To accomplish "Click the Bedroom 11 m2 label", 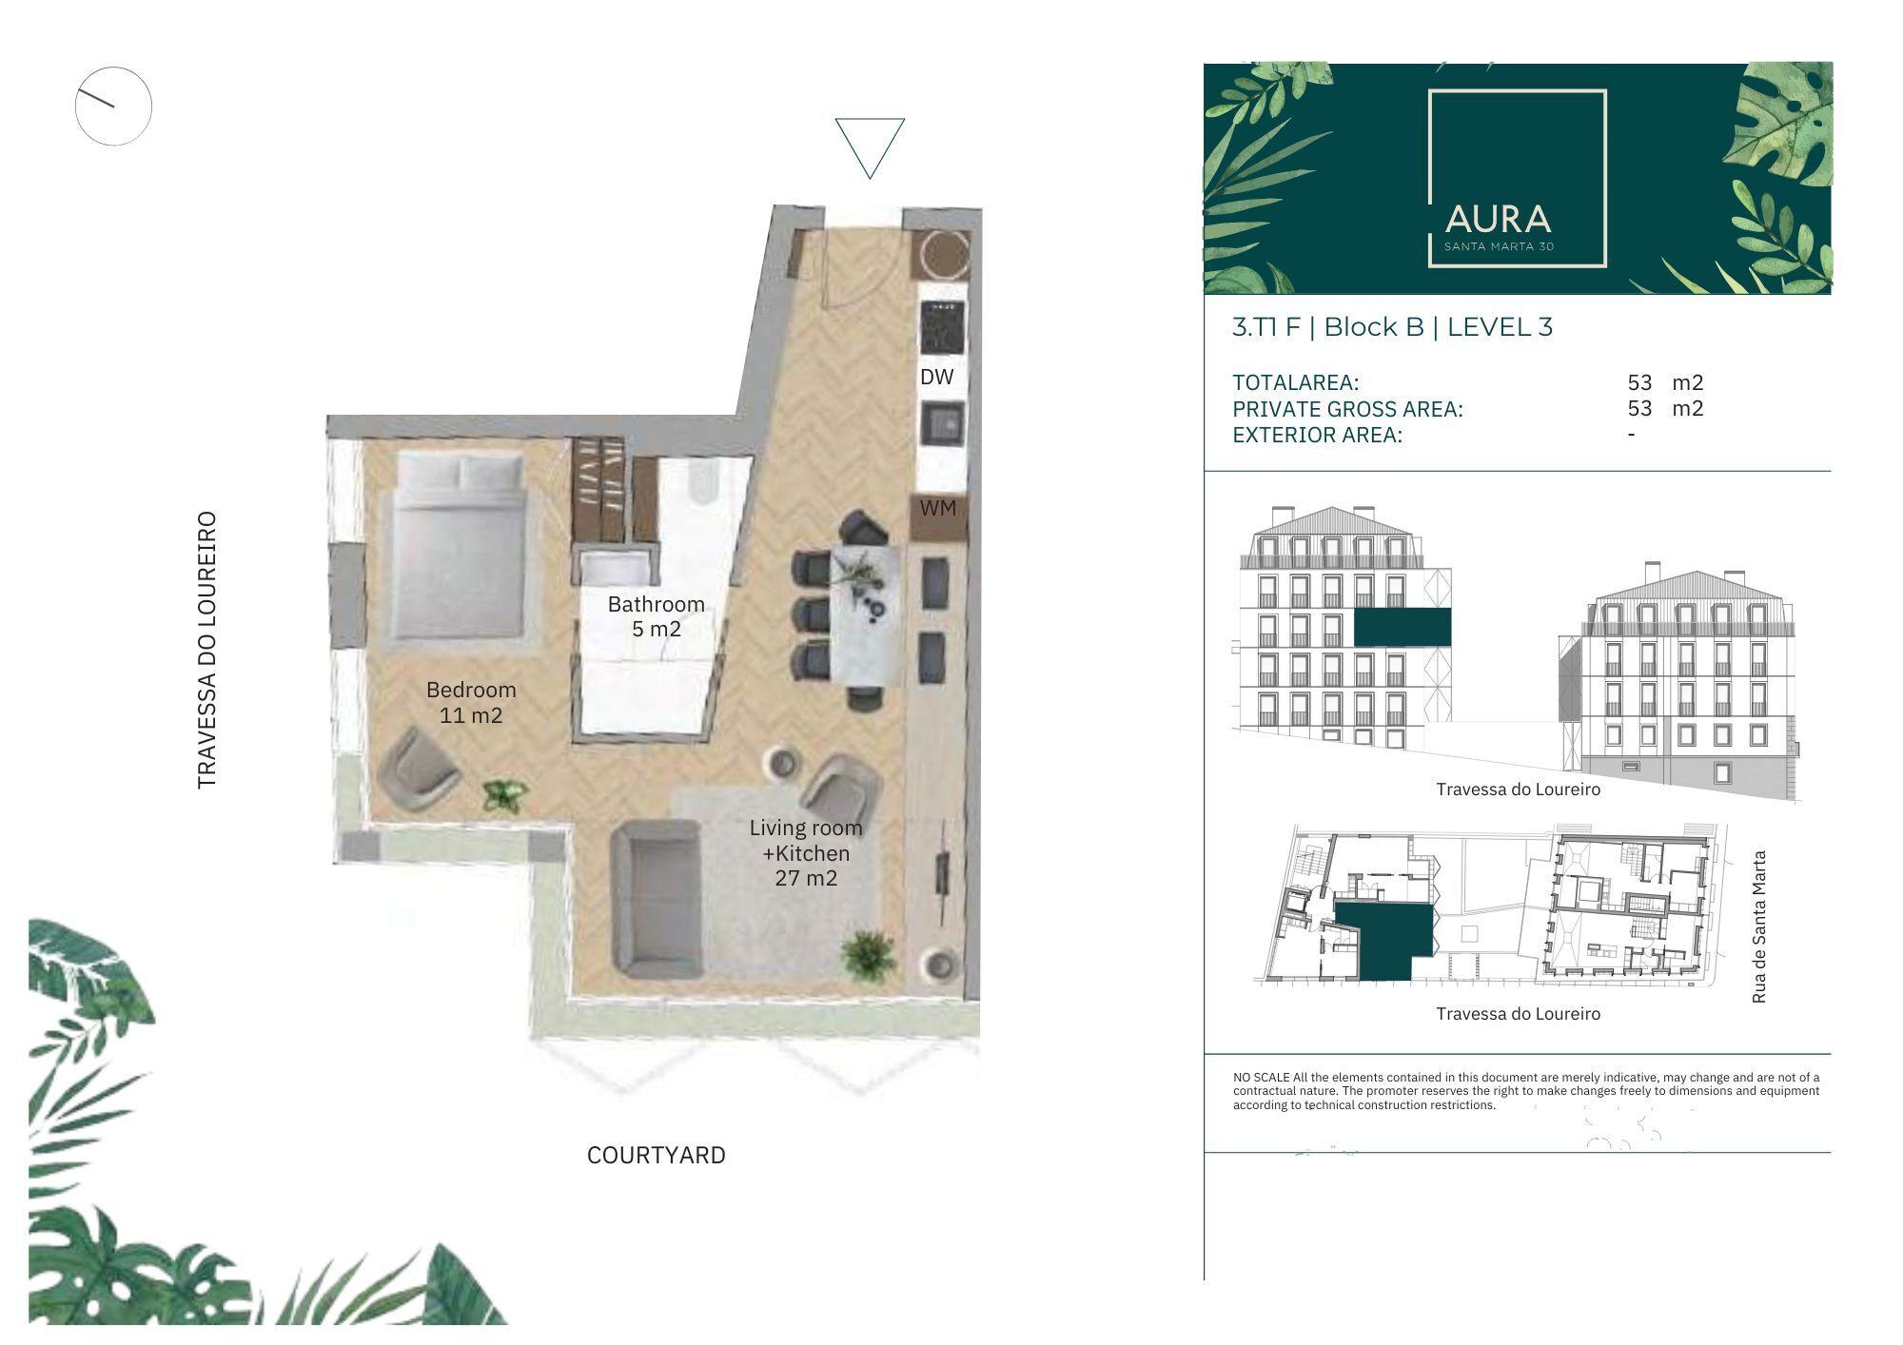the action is (x=471, y=702).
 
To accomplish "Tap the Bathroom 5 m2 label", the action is (x=657, y=616).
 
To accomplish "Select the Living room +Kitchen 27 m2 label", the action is (x=806, y=852).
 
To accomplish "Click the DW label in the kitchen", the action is (x=937, y=377).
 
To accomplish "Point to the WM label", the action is (x=938, y=508).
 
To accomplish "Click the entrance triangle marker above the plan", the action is (x=870, y=147).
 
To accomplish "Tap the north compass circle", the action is (x=113, y=106).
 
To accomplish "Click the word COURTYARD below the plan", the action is (x=657, y=1155).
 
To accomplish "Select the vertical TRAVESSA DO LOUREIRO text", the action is (x=206, y=651).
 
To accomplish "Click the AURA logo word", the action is (x=1499, y=220).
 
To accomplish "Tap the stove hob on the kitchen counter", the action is (x=942, y=327).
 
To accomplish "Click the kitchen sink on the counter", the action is (x=942, y=424).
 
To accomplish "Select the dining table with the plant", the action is (x=867, y=614).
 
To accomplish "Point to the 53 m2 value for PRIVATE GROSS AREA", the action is (x=1665, y=408).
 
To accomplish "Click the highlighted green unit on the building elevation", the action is (x=1403, y=628).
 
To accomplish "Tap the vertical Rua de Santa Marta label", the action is (x=1758, y=926).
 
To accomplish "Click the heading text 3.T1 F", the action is (x=1266, y=327).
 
